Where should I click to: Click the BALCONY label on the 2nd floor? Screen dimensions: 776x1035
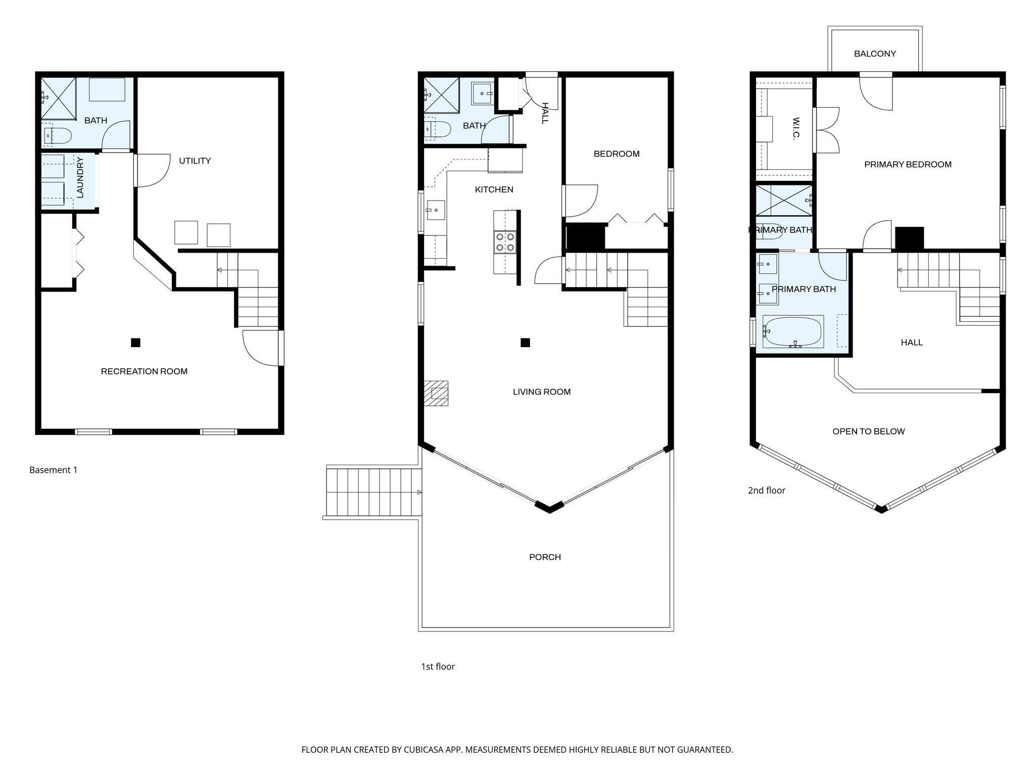pos(875,54)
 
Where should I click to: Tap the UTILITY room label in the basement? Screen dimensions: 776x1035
pos(195,161)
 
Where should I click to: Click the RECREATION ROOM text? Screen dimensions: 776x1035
pos(144,371)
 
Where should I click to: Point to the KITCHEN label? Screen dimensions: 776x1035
pos(494,189)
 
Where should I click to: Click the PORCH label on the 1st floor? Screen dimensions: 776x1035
pos(545,557)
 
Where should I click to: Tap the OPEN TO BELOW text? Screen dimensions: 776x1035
pos(868,431)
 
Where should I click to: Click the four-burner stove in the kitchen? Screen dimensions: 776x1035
pos(505,241)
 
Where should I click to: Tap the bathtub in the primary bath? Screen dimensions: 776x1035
pos(792,331)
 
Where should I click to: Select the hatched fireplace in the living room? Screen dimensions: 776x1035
pos(436,393)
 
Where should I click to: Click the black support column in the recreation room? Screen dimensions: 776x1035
pos(135,343)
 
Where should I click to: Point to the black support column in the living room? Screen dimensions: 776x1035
pos(525,343)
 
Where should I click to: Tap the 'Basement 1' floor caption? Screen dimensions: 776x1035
pos(53,470)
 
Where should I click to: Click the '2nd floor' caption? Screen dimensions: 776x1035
pos(766,490)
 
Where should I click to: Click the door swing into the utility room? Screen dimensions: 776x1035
pos(152,170)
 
